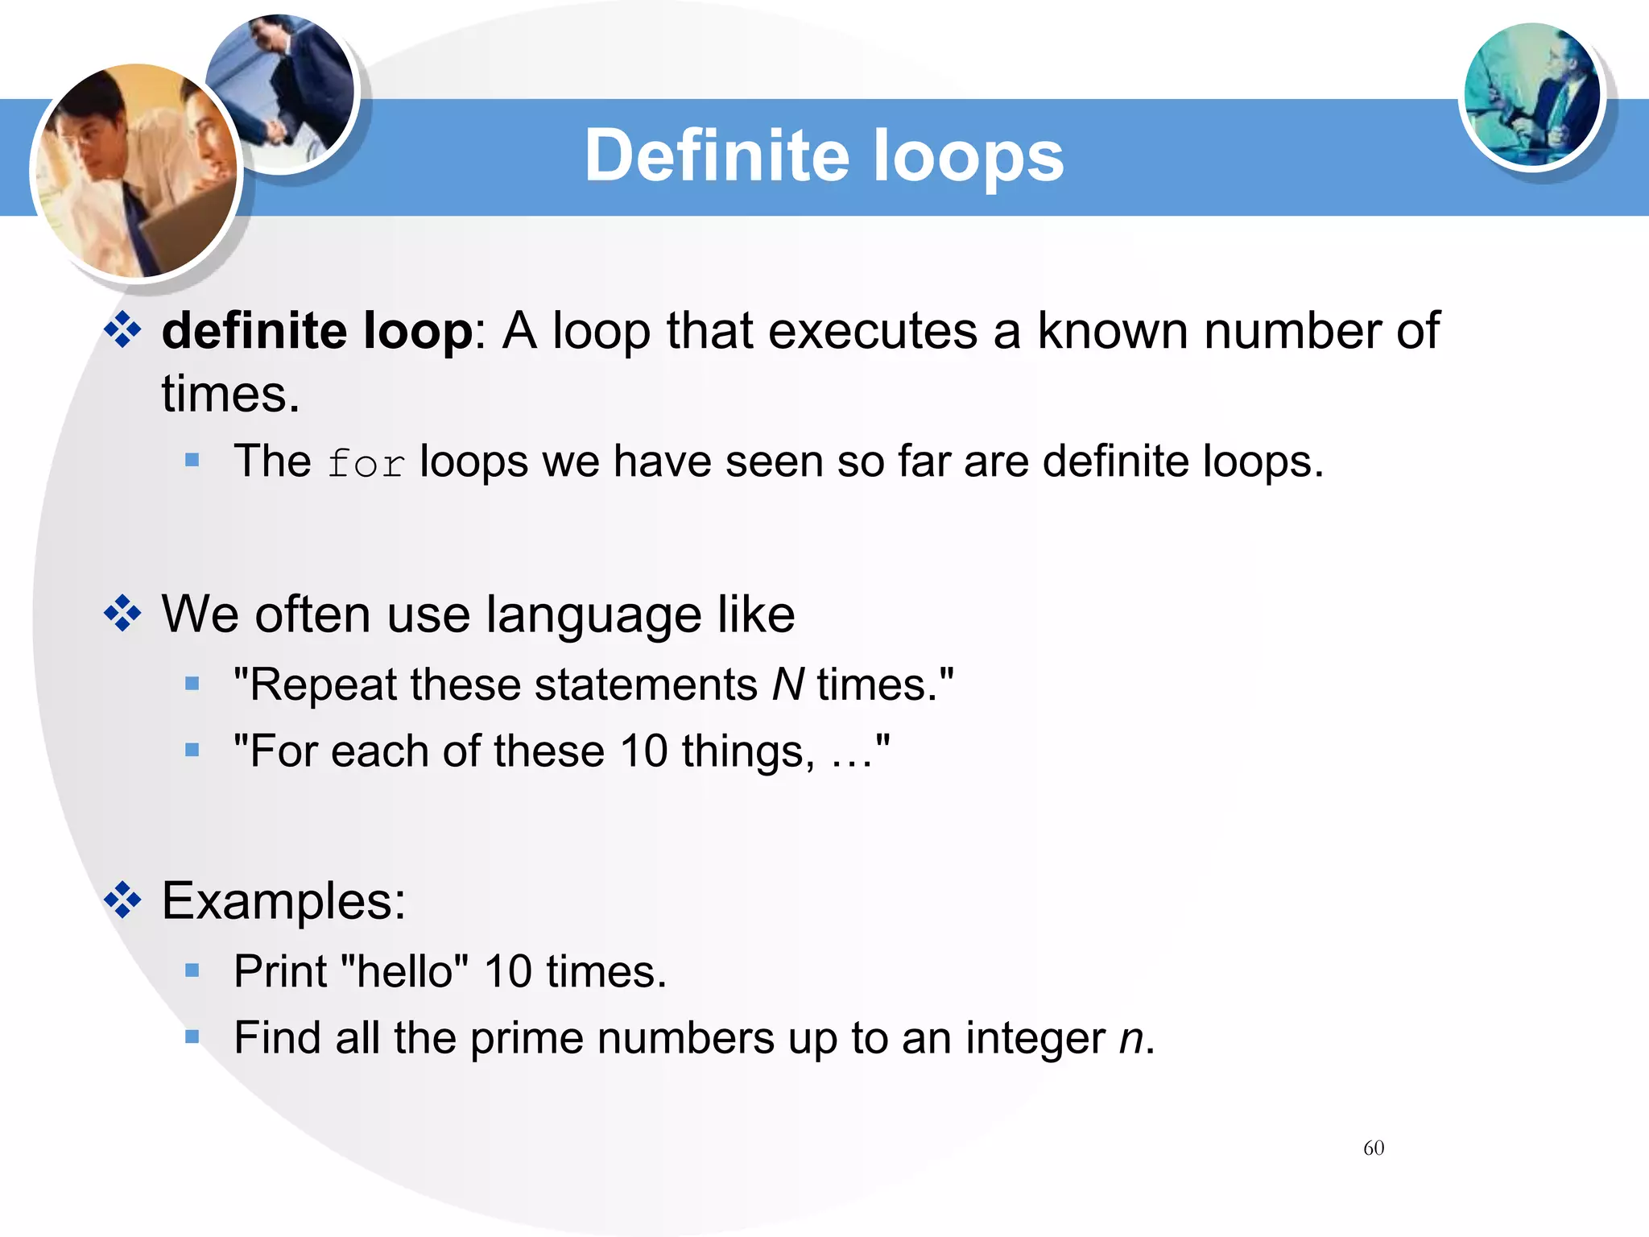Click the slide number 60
coord(1374,1148)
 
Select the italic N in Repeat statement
coord(787,685)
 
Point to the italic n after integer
coord(1131,1038)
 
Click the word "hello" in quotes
coord(405,970)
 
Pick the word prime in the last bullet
coord(525,1038)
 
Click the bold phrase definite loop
coord(317,331)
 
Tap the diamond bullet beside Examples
coord(122,900)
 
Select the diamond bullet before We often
coord(122,614)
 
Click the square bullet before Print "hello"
coord(192,970)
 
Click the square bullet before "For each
coord(192,751)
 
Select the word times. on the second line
coord(230,395)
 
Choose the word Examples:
coord(283,900)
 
